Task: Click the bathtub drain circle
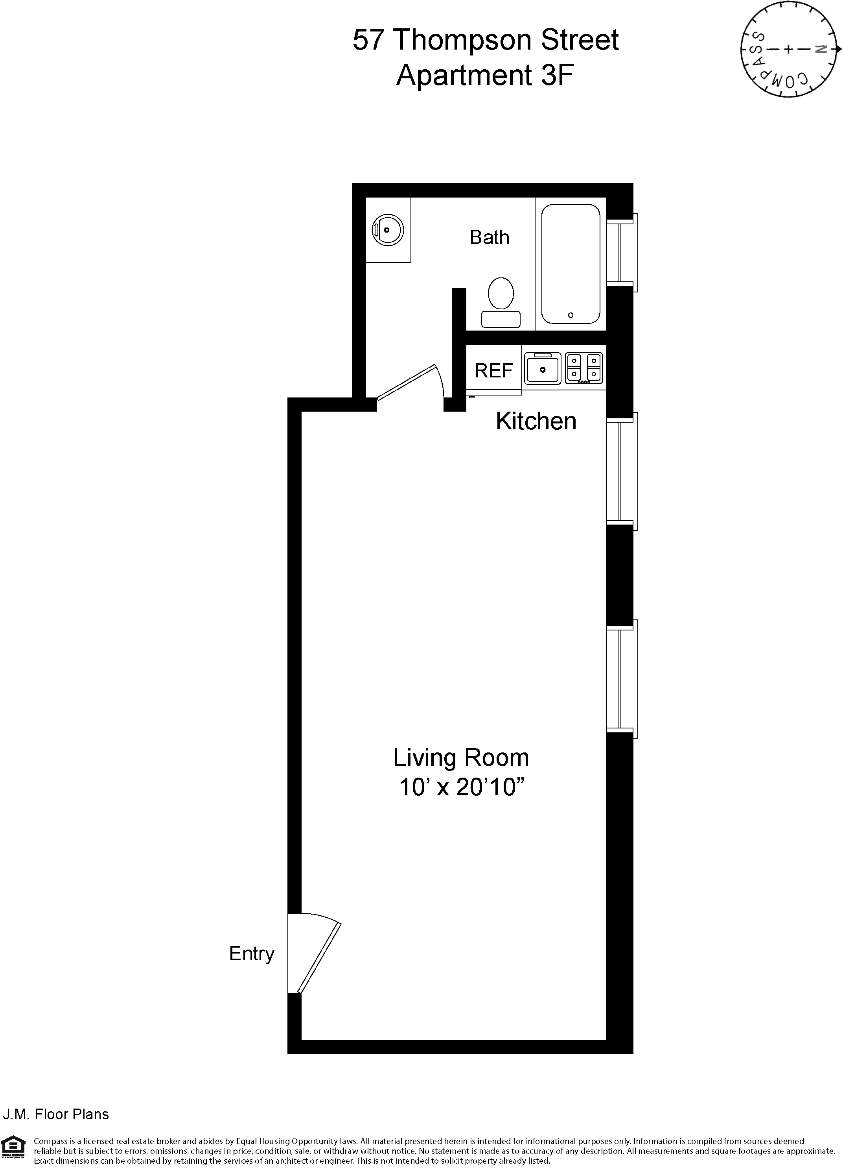pyautogui.click(x=570, y=315)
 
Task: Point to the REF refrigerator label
pyautogui.click(x=493, y=370)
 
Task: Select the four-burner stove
pyautogui.click(x=583, y=368)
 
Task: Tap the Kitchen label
pyautogui.click(x=536, y=421)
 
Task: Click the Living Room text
pyautogui.click(x=460, y=758)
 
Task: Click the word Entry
pyautogui.click(x=251, y=953)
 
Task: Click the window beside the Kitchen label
pyautogui.click(x=622, y=471)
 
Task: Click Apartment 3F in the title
pyautogui.click(x=484, y=75)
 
